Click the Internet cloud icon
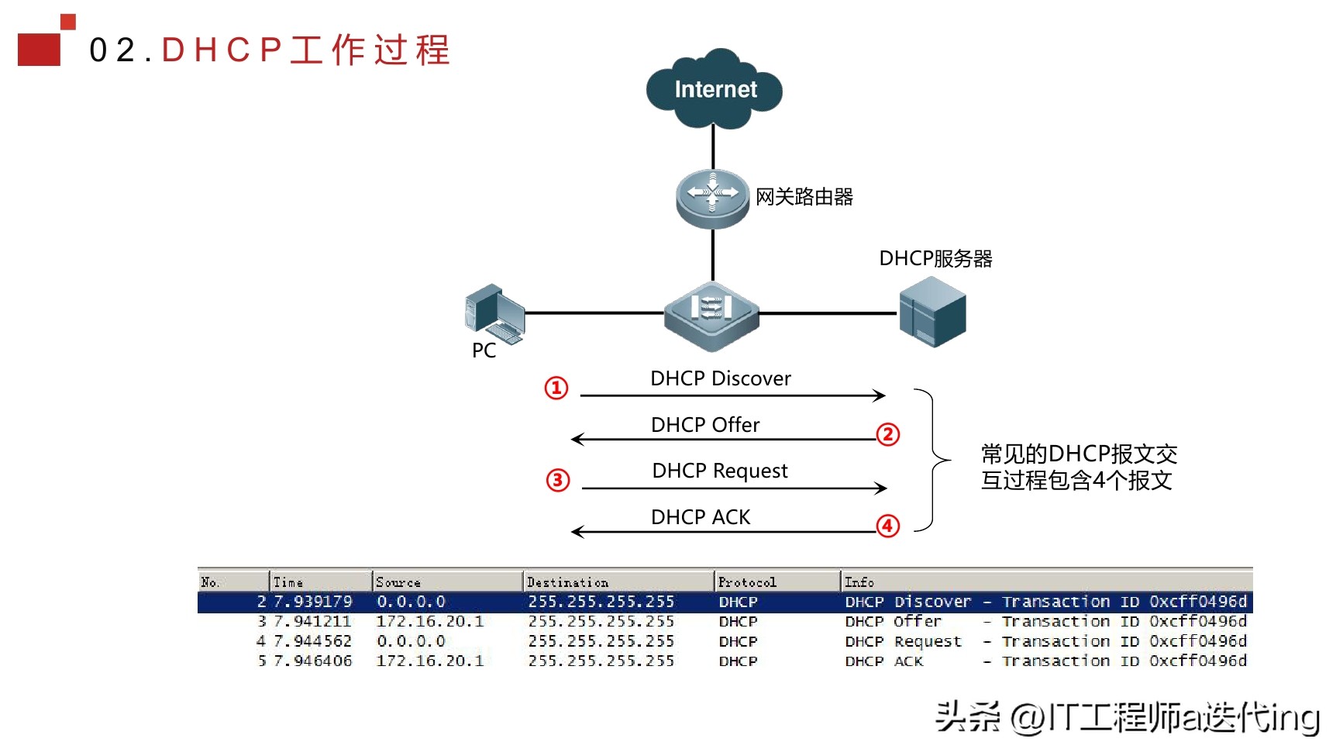click(714, 89)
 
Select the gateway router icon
click(712, 198)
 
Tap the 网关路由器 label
click(804, 197)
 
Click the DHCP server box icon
click(932, 312)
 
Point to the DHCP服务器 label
click(935, 259)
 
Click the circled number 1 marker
click(556, 388)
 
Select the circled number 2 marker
click(888, 434)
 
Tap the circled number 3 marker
click(557, 480)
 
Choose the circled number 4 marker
click(888, 526)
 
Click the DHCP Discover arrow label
click(720, 378)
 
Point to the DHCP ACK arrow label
click(700, 517)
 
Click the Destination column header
click(567, 582)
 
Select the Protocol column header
click(746, 582)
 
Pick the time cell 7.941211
click(312, 622)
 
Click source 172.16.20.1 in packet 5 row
click(429, 661)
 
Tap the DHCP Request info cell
click(903, 642)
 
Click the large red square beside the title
click(39, 49)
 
